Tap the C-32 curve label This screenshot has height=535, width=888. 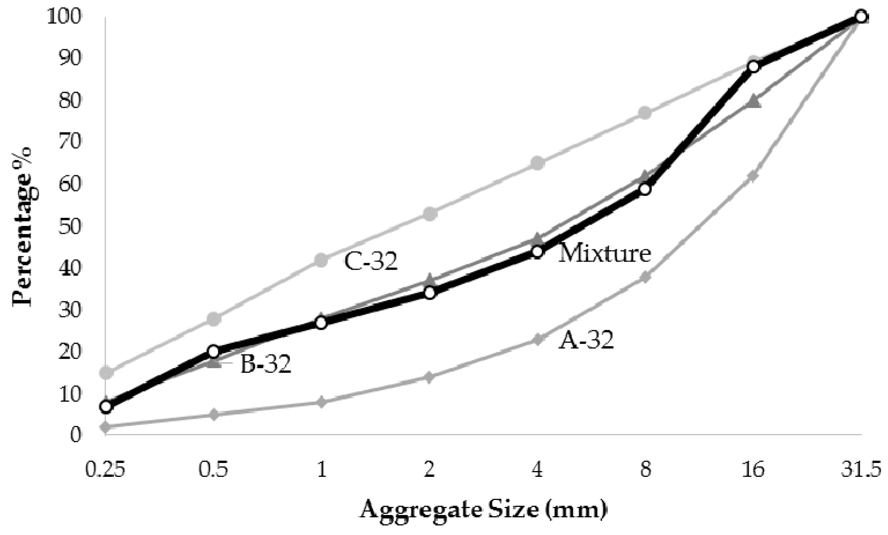(x=370, y=262)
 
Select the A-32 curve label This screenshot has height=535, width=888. (x=586, y=340)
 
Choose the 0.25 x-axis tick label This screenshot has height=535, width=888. (x=105, y=470)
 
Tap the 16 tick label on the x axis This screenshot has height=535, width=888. (x=753, y=470)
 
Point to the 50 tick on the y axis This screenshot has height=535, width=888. (x=70, y=226)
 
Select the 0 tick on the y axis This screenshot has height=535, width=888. (x=76, y=435)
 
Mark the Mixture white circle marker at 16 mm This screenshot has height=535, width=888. (x=753, y=67)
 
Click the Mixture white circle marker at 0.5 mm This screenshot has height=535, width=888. (x=214, y=351)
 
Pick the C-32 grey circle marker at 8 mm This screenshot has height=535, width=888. (x=645, y=113)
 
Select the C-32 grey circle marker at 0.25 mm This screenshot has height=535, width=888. (x=106, y=372)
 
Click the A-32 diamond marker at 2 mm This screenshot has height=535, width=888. (x=430, y=377)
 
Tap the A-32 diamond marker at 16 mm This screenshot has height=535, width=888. (x=753, y=176)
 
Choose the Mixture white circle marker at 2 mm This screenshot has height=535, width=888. (x=430, y=293)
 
